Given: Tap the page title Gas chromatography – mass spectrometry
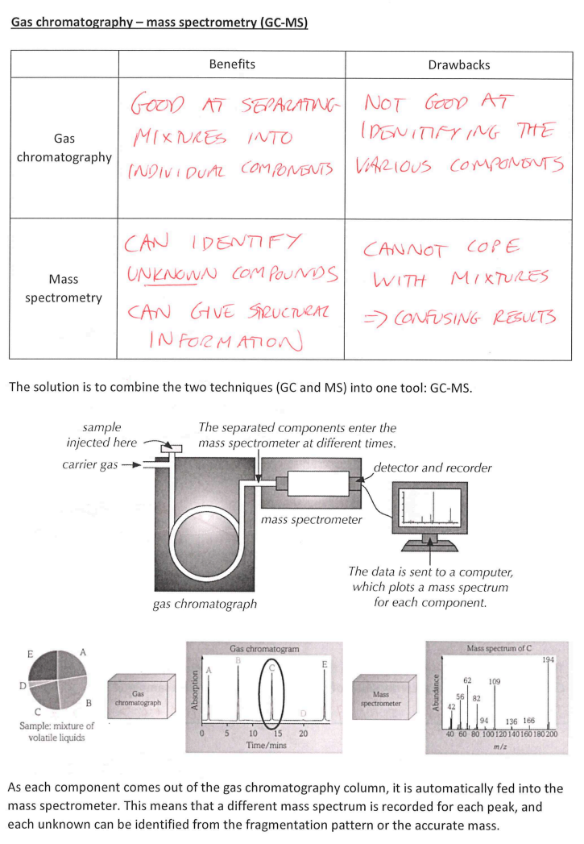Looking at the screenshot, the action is pyautogui.click(x=159, y=23).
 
